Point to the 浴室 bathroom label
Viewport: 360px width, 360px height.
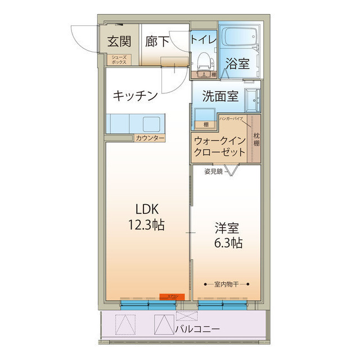click(x=237, y=63)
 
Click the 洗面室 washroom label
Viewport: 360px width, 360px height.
click(x=220, y=96)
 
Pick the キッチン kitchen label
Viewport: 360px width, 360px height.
click(x=134, y=96)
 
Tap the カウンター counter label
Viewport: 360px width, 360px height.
click(x=150, y=138)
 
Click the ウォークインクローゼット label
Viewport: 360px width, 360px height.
click(x=219, y=147)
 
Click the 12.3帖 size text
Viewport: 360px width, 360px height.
click(x=145, y=225)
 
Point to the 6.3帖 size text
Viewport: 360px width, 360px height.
click(x=228, y=243)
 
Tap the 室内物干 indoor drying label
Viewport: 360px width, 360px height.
click(x=227, y=284)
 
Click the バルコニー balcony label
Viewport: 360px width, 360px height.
click(x=197, y=328)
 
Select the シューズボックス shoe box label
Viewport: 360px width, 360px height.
click(x=119, y=60)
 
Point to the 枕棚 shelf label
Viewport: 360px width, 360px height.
click(x=256, y=138)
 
